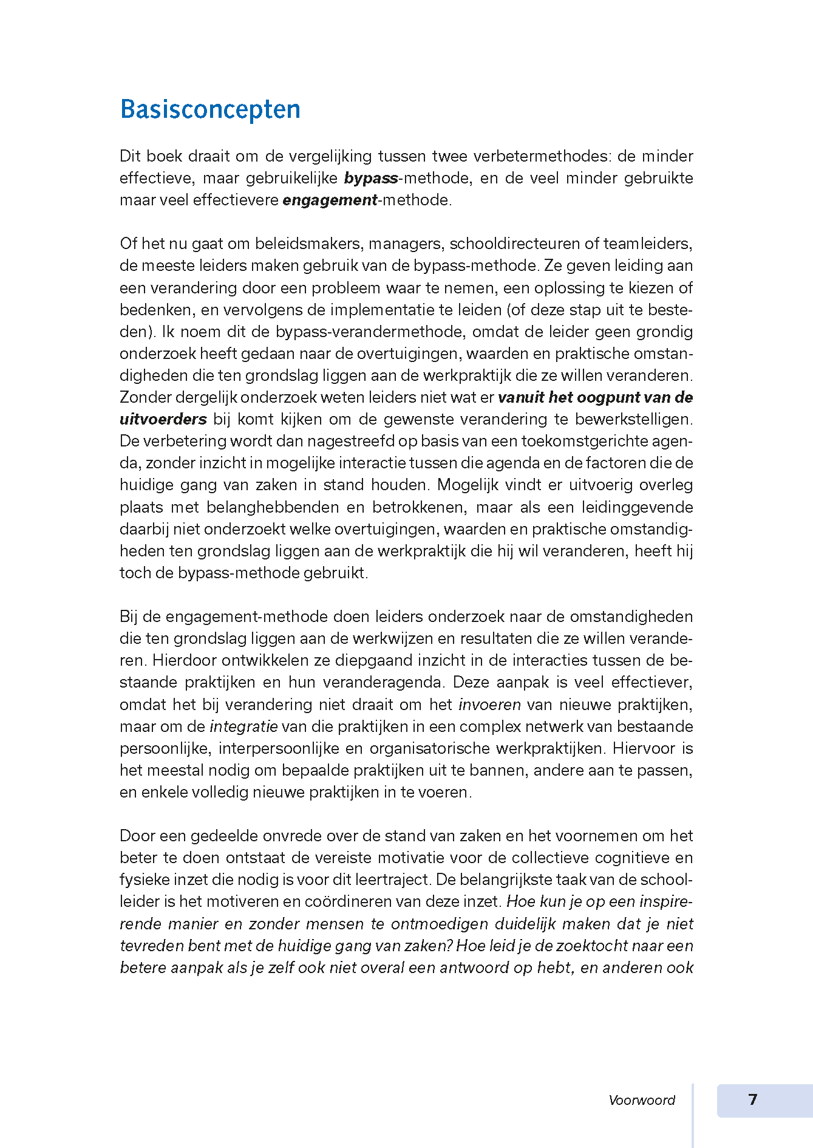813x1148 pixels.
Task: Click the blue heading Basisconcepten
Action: point(210,109)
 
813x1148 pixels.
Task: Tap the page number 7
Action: point(753,1099)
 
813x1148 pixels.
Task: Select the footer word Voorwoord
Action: point(642,1100)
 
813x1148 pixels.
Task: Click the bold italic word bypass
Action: point(371,178)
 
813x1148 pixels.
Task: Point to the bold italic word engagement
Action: point(330,200)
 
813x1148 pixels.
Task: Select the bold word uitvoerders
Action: point(163,419)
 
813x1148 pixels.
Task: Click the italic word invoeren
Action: point(489,705)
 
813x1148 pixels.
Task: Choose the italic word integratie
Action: point(243,726)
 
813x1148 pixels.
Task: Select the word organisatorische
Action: point(438,748)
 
